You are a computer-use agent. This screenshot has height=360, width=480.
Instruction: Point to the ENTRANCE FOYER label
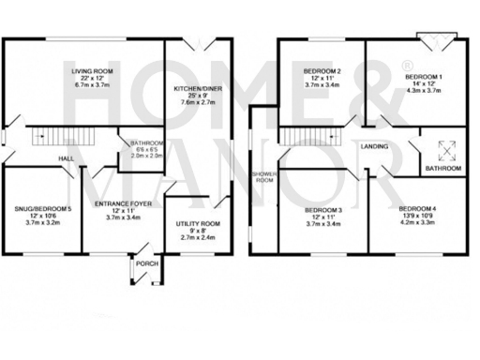(x=124, y=202)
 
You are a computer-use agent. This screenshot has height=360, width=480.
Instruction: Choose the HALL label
(x=67, y=159)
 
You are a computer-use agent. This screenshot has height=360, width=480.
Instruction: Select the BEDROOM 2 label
(x=322, y=71)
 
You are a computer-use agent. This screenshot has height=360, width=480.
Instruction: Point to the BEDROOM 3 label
(x=322, y=209)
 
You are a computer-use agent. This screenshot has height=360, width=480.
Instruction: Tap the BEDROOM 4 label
(x=417, y=208)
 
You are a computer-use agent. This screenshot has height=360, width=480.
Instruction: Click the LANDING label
(x=374, y=147)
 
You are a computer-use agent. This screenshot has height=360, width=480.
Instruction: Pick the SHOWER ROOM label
(x=263, y=176)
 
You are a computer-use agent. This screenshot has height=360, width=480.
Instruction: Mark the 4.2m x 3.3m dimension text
(x=417, y=223)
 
